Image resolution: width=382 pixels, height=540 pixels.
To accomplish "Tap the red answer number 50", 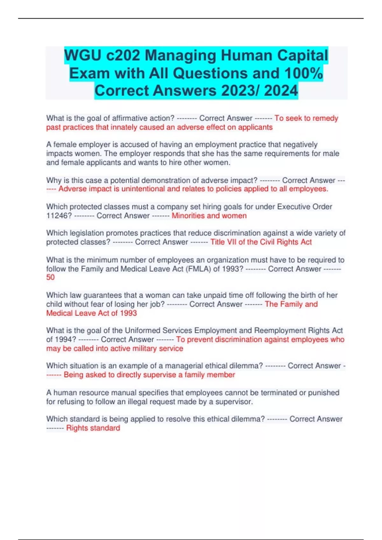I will (x=50, y=277).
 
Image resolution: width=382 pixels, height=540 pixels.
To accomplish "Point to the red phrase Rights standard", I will (x=93, y=428).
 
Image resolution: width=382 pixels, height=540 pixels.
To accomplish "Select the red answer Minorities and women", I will (x=209, y=216).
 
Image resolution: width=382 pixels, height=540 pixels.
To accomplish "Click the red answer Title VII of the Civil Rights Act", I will (x=261, y=242).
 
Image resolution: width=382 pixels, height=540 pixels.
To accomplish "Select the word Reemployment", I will (x=280, y=330).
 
